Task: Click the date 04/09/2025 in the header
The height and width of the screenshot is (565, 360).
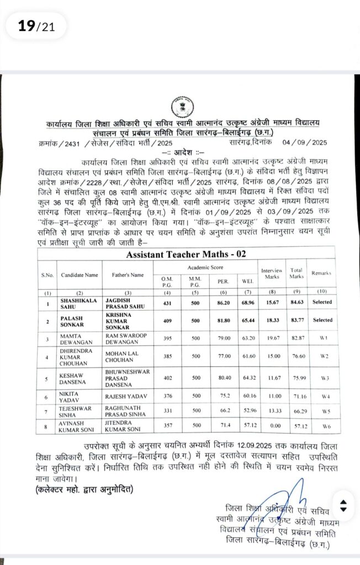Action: point(305,142)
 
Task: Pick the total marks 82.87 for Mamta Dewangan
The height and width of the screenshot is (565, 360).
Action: point(297,336)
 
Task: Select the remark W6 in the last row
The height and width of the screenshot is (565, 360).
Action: point(321,427)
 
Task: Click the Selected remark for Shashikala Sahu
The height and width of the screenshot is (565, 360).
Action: point(321,302)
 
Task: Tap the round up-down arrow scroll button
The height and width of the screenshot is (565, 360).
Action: point(343,505)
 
